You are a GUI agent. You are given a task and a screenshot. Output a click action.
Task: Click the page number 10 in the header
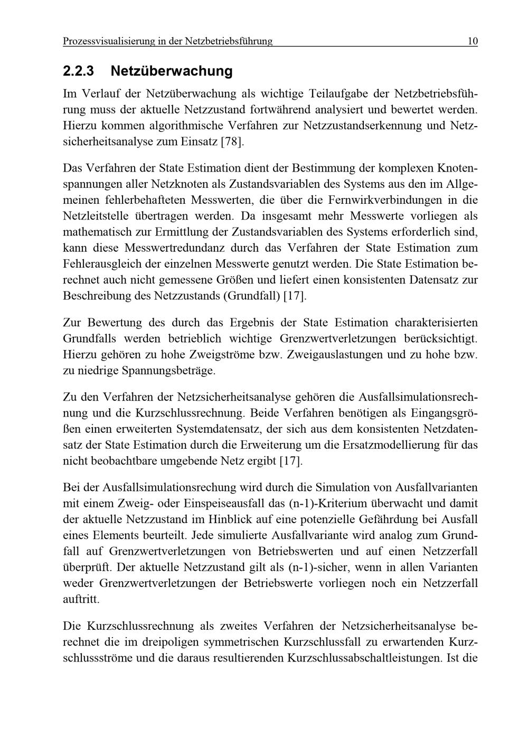[x=472, y=41]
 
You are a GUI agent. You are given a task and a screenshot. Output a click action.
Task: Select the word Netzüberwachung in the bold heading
[x=172, y=71]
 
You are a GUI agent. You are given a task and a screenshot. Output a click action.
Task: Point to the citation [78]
[x=233, y=142]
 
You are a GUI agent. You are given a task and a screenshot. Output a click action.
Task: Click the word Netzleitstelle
[x=97, y=216]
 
